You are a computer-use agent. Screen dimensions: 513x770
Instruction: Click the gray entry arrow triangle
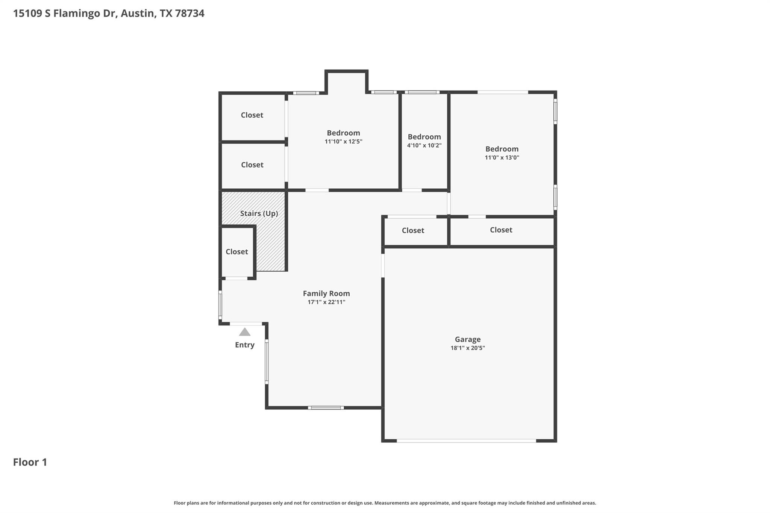coord(245,332)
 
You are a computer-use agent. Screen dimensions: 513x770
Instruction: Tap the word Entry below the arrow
coord(245,345)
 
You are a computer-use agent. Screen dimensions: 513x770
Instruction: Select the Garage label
coord(468,339)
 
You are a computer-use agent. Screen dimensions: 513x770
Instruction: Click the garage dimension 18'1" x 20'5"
coord(468,348)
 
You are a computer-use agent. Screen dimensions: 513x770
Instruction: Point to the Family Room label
coord(326,294)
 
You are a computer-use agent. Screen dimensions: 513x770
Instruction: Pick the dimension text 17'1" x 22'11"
coord(326,302)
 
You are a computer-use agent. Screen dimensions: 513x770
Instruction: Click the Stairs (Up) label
coord(259,213)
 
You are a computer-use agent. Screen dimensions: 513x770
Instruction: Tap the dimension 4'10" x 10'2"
coord(424,145)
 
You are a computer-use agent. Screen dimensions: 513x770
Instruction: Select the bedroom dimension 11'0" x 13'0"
coord(502,157)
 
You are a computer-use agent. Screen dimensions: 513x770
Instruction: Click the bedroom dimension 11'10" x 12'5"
coord(343,142)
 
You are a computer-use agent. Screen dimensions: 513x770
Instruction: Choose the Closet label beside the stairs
coord(237,252)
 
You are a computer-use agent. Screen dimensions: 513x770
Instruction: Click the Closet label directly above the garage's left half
coord(413,230)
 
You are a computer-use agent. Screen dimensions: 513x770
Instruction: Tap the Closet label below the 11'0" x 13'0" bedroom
coord(501,230)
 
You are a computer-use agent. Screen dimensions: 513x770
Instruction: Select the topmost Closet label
coord(252,115)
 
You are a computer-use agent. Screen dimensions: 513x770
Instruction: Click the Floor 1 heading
coord(30,462)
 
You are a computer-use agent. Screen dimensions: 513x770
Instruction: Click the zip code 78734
coord(189,14)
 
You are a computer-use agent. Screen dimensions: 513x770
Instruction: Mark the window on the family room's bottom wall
coord(326,407)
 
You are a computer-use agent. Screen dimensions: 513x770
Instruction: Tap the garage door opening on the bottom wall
coord(466,440)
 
